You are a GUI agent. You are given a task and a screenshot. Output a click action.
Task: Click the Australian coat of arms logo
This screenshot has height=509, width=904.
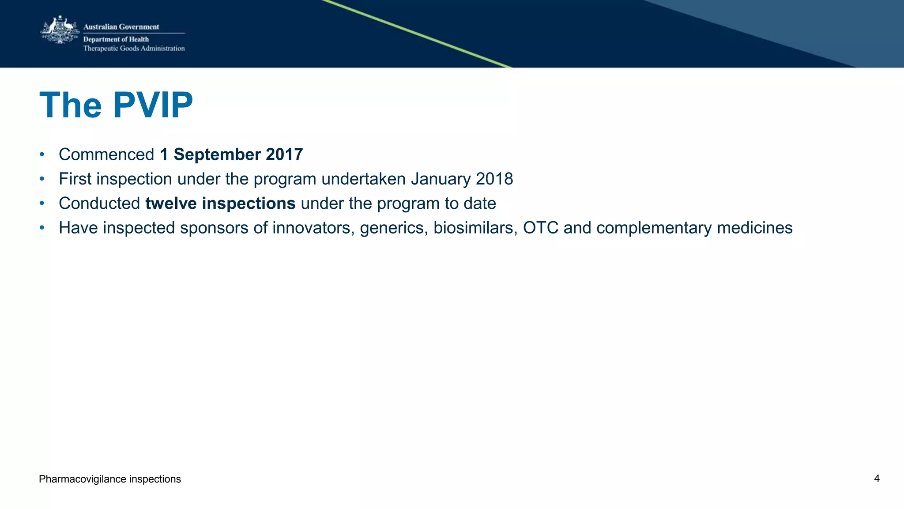[x=60, y=30]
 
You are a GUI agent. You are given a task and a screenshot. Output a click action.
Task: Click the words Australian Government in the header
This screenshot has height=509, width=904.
[x=121, y=27]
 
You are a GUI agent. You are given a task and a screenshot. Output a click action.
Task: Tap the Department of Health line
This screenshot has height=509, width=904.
[x=116, y=39]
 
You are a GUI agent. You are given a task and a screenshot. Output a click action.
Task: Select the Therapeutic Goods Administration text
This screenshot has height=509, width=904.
[x=134, y=49]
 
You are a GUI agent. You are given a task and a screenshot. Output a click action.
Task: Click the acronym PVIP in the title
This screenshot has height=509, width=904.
[x=153, y=106]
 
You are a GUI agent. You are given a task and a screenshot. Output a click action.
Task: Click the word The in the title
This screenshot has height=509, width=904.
[x=71, y=106]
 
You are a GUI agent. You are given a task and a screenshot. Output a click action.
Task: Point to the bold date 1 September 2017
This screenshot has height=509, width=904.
[x=231, y=155]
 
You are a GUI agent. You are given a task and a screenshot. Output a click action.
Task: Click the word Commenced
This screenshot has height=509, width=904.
[x=106, y=155]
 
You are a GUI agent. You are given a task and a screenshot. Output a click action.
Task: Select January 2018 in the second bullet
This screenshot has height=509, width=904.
[x=462, y=179]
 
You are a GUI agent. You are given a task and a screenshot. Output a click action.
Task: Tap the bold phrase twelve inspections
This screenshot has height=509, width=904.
[x=220, y=204]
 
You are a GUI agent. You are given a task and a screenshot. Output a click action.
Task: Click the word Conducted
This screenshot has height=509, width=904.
[x=99, y=204]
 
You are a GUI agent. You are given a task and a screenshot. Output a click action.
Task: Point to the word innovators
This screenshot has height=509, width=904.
[x=313, y=228]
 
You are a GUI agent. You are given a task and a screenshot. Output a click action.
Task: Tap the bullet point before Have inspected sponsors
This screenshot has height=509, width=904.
[x=42, y=228]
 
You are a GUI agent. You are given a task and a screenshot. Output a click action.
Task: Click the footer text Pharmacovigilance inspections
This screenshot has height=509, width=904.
[x=110, y=479]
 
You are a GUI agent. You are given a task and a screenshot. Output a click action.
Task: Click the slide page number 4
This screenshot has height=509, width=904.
[x=877, y=479]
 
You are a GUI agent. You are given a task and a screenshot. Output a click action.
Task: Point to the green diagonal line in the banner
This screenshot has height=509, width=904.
[x=417, y=34]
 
